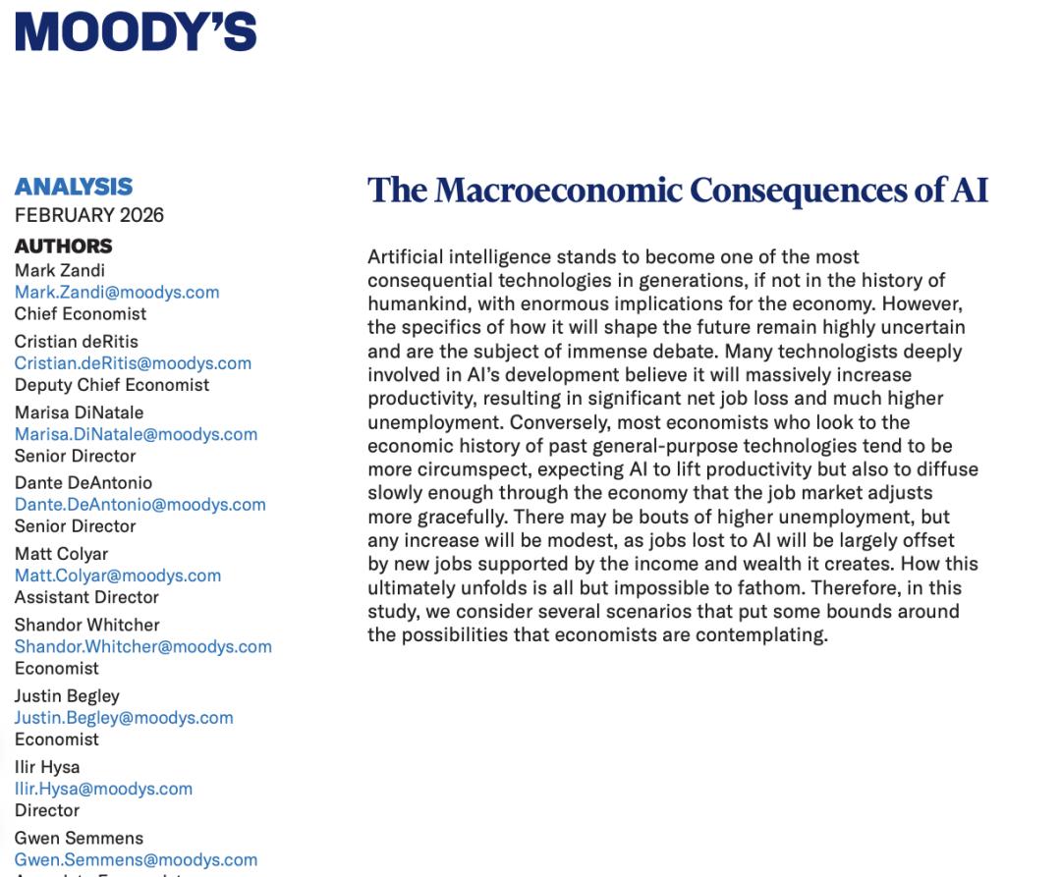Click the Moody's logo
136,31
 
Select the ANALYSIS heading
74,187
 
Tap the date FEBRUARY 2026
89,215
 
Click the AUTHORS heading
64,246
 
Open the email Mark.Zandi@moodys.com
117,293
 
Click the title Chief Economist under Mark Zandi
81,314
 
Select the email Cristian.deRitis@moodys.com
133,363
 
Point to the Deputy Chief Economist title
112,385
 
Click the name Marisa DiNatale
79,412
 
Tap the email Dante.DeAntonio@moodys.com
140,505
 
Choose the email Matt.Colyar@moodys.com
118,576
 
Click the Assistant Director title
86,597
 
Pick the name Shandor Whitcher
86,625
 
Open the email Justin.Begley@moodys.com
124,718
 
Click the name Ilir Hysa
47,767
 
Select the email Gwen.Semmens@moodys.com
136,860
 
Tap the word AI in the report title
969,190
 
